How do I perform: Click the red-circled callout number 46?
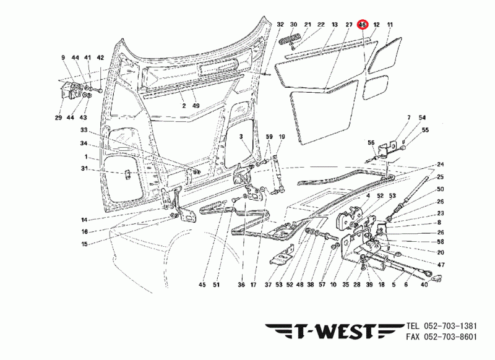363,25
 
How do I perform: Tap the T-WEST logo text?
332,332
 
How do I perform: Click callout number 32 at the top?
280,25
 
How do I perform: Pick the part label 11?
390,25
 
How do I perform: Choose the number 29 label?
58,118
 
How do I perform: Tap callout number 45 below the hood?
202,285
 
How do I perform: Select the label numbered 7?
408,118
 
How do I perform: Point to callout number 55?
424,131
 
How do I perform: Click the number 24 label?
440,165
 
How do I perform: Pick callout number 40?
424,285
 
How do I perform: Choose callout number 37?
268,285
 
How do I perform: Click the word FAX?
414,337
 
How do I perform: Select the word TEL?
414,326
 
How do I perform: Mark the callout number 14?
84,220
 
